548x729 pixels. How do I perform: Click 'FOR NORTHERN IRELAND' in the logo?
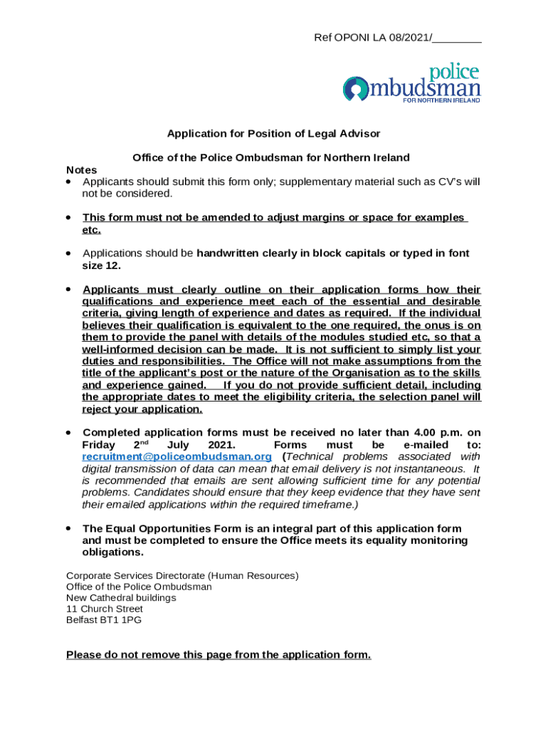pos(441,100)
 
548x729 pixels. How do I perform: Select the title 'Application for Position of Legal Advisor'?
pos(273,134)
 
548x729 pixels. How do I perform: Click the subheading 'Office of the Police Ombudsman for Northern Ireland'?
pos(271,157)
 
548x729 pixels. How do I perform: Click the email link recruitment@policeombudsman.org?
pos(176,456)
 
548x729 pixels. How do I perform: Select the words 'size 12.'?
pos(102,266)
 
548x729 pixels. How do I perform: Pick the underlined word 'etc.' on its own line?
pos(92,230)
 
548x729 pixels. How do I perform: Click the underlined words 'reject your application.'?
pos(142,409)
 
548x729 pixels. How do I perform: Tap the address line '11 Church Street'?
pos(105,609)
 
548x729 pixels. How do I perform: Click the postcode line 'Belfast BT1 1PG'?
pos(104,621)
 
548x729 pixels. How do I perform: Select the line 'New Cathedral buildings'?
pos(121,598)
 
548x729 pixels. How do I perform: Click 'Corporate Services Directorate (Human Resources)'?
pos(182,575)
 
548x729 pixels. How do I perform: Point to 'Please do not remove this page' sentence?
pos(218,655)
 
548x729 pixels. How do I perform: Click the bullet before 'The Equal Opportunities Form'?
pos(68,528)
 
